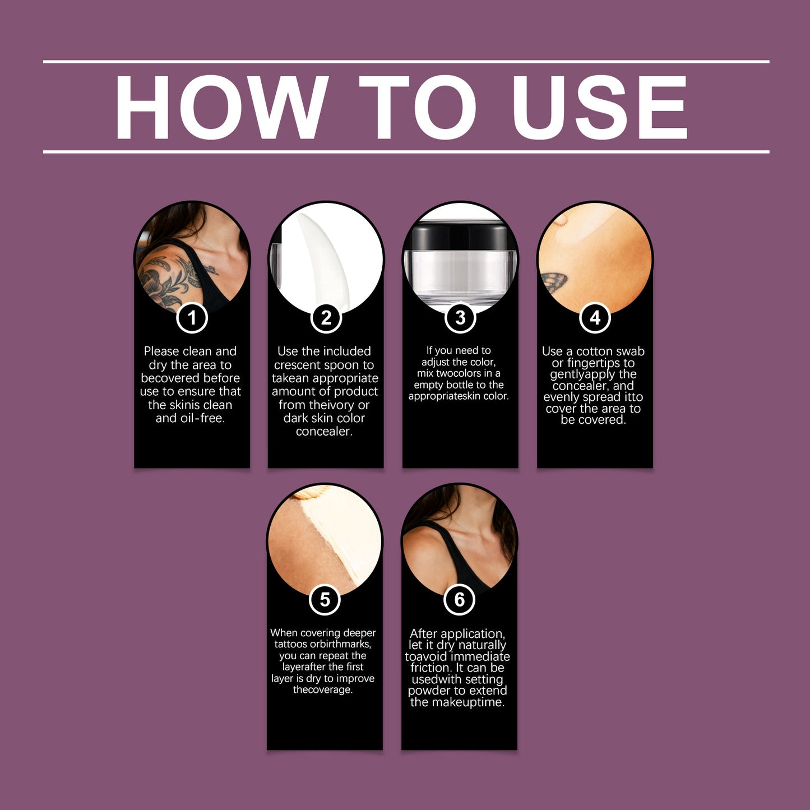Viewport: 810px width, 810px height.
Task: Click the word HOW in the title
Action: click(x=221, y=107)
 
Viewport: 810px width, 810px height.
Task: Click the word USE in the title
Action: click(x=599, y=108)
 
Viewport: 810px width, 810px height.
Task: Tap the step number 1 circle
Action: click(x=192, y=318)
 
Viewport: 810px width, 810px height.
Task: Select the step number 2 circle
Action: click(x=326, y=318)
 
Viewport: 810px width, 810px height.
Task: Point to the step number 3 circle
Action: click(x=460, y=318)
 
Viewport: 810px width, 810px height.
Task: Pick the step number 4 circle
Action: click(x=595, y=318)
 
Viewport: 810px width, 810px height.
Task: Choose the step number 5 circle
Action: click(x=325, y=599)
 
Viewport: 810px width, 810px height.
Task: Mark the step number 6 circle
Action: click(x=460, y=599)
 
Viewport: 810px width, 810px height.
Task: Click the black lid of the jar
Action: click(x=460, y=236)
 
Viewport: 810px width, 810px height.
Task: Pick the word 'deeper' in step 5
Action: click(x=359, y=633)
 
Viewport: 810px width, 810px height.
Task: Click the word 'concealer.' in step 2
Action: click(x=324, y=431)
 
